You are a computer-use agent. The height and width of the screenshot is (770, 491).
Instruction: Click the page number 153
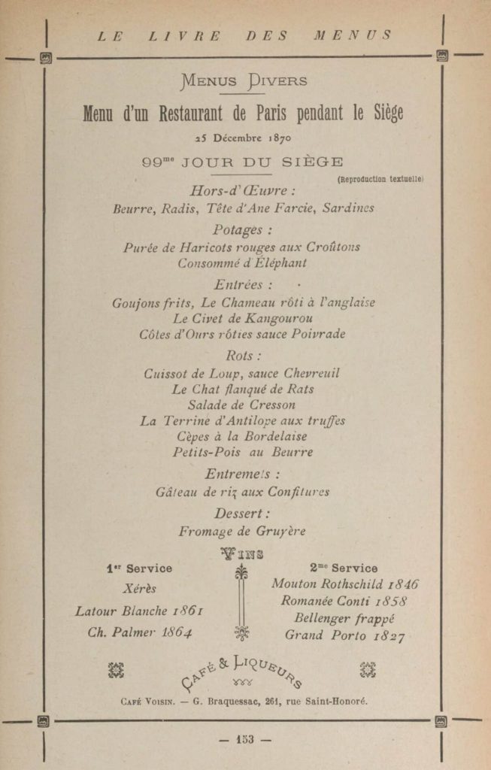tap(244, 739)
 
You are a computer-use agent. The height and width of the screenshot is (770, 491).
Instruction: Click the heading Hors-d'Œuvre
tap(242, 191)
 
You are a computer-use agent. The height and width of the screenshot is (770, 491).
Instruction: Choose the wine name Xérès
tap(139, 589)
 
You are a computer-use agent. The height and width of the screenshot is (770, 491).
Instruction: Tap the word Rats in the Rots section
tap(299, 390)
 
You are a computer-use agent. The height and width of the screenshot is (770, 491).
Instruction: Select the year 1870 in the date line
tap(278, 138)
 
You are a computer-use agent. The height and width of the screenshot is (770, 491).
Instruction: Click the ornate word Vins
tap(241, 555)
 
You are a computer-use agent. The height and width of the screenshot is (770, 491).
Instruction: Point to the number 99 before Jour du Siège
tap(154, 162)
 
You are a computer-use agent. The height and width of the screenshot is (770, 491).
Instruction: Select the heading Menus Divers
tap(244, 81)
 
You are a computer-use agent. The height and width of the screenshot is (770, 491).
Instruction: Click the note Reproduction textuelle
tap(380, 179)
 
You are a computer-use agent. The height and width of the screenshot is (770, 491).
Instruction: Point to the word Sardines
tap(348, 208)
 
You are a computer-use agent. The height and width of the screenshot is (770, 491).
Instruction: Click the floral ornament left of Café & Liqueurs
tap(115, 669)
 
